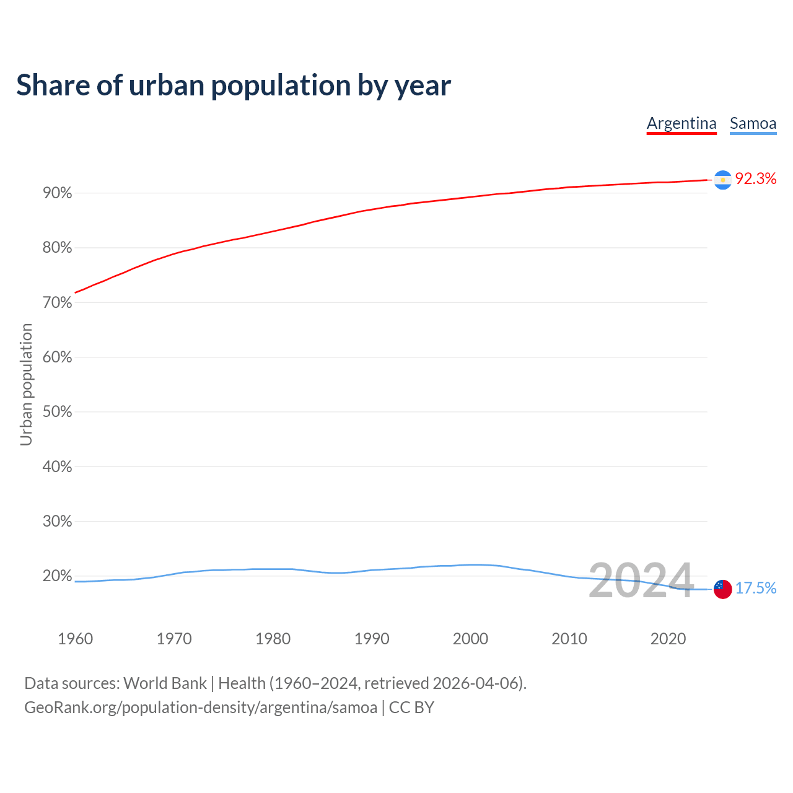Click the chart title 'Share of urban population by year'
234,85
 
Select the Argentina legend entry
681,123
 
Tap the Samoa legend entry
753,123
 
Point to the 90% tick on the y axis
57,193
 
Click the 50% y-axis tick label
57,412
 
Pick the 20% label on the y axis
57,576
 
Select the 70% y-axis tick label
57,303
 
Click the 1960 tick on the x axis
75,639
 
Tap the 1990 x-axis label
372,639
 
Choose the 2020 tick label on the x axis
668,639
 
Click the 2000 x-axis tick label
470,639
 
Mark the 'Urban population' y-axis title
26,384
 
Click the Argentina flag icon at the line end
722,180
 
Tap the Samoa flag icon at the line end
722,589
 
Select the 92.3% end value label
756,179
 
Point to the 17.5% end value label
756,588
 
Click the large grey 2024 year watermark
641,581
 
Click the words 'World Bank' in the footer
165,683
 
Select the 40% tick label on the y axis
57,467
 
